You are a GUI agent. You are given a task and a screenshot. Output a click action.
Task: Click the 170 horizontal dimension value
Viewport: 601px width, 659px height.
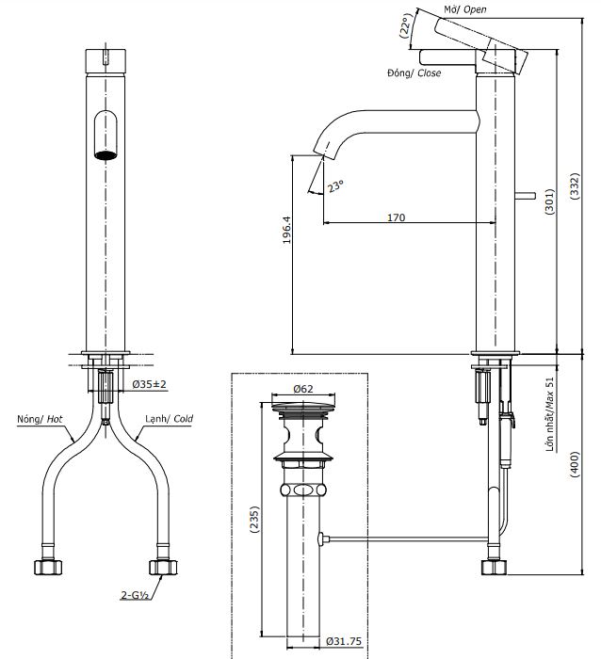pyautogui.click(x=396, y=217)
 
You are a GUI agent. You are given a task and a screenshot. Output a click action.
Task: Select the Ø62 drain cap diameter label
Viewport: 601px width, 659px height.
pyautogui.click(x=303, y=388)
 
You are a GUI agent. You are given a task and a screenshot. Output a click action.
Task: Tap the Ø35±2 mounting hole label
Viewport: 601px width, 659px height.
pyautogui.click(x=150, y=384)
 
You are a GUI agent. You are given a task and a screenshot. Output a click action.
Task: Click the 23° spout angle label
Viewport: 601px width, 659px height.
pyautogui.click(x=336, y=185)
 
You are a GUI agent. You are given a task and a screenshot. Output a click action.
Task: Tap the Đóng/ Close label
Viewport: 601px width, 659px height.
pyautogui.click(x=415, y=72)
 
